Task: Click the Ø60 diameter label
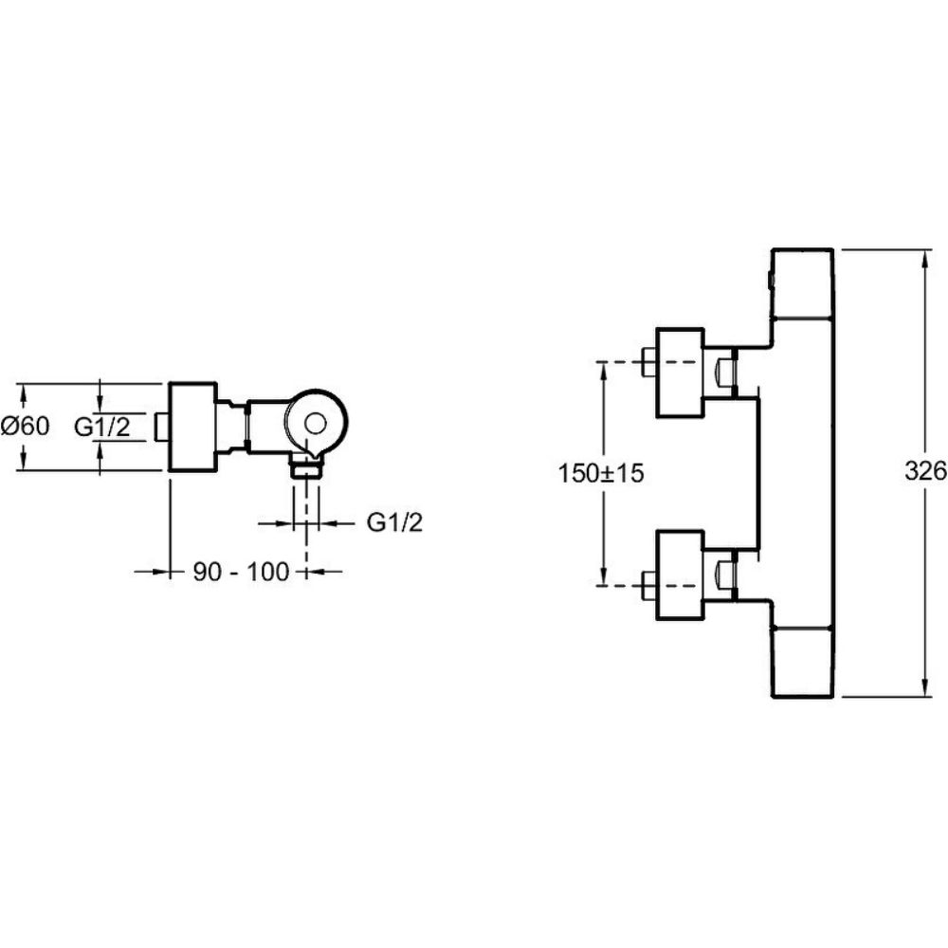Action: (26, 427)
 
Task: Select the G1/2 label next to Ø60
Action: (102, 428)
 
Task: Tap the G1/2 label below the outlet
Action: (393, 522)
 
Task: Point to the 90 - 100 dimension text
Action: (240, 572)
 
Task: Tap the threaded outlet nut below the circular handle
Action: (306, 464)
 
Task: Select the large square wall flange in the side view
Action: (192, 427)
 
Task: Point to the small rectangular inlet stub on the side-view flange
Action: (162, 427)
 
